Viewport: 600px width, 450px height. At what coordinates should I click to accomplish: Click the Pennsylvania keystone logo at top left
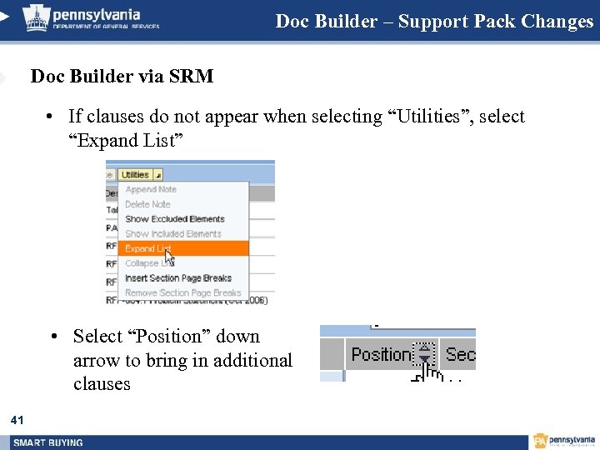click(37, 17)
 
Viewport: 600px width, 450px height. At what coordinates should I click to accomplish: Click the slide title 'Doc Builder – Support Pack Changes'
click(434, 21)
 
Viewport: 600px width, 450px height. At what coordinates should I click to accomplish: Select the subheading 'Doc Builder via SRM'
click(122, 77)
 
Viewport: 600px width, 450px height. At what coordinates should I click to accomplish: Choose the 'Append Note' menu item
click(151, 189)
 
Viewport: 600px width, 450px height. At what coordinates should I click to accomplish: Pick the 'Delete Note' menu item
click(147, 204)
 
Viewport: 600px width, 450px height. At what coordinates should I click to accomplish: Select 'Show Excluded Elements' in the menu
click(174, 219)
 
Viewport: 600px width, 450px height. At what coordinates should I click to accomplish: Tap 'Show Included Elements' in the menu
click(173, 234)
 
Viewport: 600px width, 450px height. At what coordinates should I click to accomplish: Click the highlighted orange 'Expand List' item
click(147, 248)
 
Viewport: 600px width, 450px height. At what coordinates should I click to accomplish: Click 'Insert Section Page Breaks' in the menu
click(178, 278)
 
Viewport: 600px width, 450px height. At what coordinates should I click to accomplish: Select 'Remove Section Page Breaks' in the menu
click(182, 293)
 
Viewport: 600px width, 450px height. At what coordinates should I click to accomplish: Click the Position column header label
click(381, 354)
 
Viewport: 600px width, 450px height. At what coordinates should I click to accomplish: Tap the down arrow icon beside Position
click(425, 354)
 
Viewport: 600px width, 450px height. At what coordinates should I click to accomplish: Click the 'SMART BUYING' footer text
click(48, 442)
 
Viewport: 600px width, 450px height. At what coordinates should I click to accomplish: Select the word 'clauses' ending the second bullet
click(102, 383)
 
